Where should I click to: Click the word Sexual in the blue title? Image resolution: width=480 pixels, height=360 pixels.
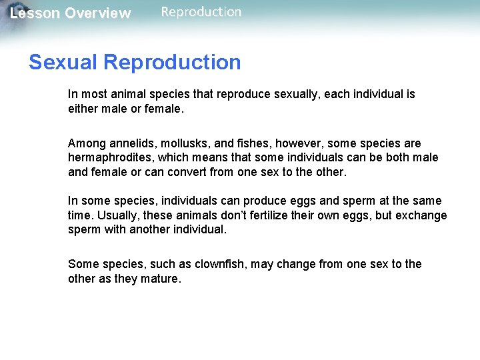point(64,62)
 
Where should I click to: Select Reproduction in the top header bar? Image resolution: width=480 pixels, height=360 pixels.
point(201,11)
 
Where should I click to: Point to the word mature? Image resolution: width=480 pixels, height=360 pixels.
point(161,279)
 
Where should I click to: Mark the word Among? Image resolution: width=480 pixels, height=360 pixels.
point(85,144)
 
